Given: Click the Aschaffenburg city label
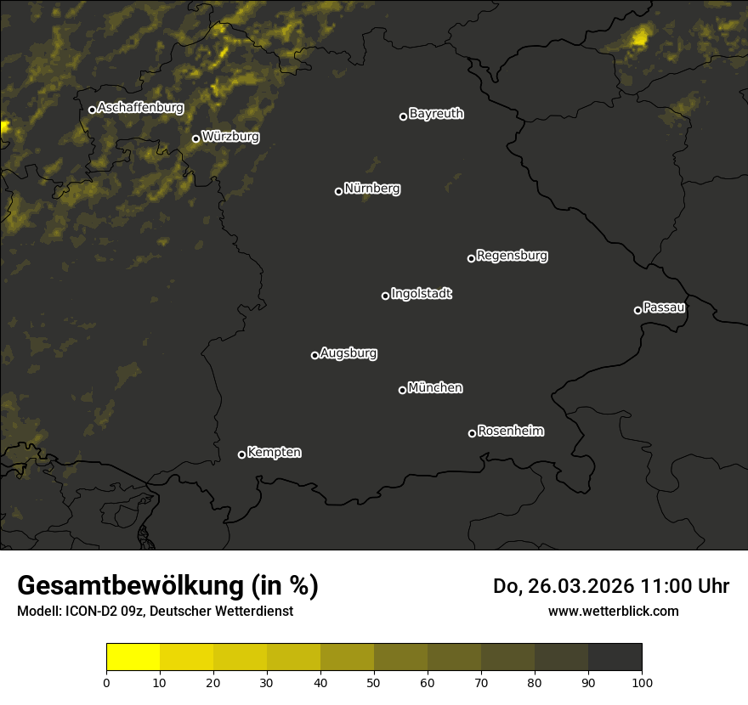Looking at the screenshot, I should tap(140, 108).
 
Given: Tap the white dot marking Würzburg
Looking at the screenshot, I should tap(195, 138).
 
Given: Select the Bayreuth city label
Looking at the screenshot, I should tap(436, 114).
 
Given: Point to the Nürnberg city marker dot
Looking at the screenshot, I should tap(338, 191).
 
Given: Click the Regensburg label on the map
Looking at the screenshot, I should tap(512, 255).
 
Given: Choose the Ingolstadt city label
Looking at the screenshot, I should tap(422, 294).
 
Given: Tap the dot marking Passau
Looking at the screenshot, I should tap(637, 310).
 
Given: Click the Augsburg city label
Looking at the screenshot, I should tap(348, 353).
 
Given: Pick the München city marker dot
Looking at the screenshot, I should tap(402, 391).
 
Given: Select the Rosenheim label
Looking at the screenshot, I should tap(510, 431).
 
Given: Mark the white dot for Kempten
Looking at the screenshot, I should tap(241, 454).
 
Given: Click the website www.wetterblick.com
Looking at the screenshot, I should tap(613, 611).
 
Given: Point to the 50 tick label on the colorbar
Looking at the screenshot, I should tap(374, 682).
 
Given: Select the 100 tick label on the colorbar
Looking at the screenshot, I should tap(642, 682).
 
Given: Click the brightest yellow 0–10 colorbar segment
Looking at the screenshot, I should tap(133, 657).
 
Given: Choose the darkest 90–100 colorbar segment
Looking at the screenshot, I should tap(615, 657).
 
